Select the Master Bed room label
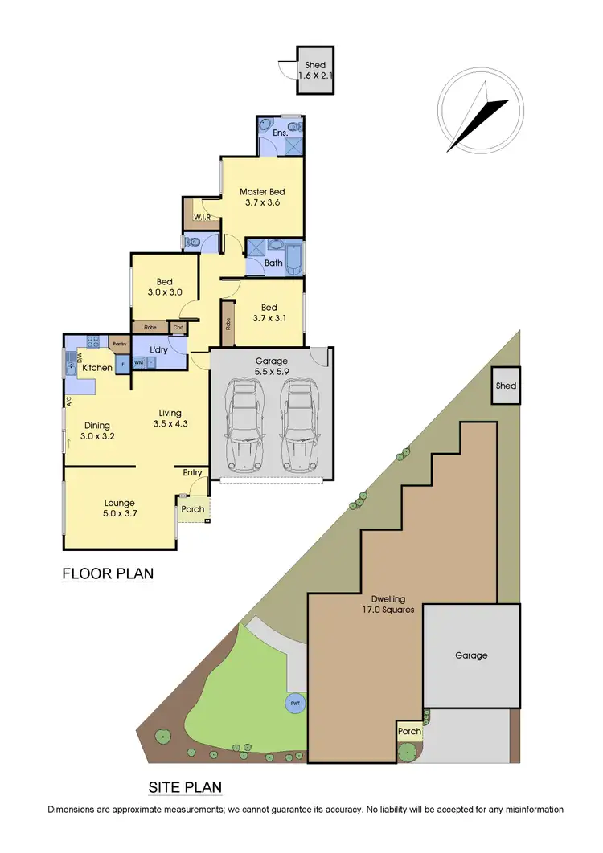point(263,197)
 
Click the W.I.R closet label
point(202,217)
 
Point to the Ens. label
point(281,133)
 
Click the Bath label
point(273,263)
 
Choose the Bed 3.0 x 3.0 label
point(165,287)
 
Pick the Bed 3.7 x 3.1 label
point(269,312)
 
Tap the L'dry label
point(158,350)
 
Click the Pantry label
point(120,344)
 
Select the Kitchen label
point(97,368)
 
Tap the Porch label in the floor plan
point(193,509)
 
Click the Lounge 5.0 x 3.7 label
point(119,508)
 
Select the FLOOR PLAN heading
point(108,574)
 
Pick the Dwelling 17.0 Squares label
point(388,604)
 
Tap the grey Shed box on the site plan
point(506,386)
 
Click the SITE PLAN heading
point(186,787)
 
